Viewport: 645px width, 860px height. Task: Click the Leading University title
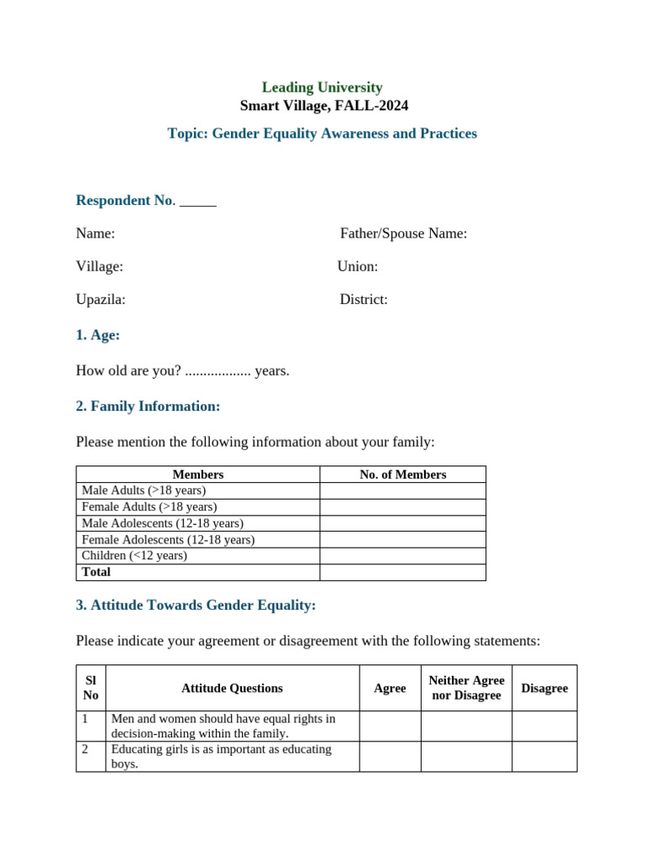322,87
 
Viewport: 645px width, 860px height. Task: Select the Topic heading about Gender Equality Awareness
322,134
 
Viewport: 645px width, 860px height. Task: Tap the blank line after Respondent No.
198,201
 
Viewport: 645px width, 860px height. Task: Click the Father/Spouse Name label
403,233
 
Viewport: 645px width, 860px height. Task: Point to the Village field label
99,266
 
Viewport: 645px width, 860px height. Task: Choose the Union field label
358,266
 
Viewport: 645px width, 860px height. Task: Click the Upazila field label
101,299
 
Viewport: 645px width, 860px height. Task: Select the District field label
364,299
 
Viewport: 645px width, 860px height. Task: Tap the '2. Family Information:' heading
148,406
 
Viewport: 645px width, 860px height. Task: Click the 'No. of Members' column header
402,475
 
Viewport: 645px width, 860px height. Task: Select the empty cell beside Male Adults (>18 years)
402,490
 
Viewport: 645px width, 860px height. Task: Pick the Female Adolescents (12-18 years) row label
168,540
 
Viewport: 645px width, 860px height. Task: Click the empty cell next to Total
402,573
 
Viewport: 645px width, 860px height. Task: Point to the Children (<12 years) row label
134,556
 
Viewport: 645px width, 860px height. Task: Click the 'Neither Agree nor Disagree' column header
466,688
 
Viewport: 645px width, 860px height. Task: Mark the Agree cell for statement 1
390,726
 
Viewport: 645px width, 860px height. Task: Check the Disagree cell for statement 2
544,757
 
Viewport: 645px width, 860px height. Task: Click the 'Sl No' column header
91,688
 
